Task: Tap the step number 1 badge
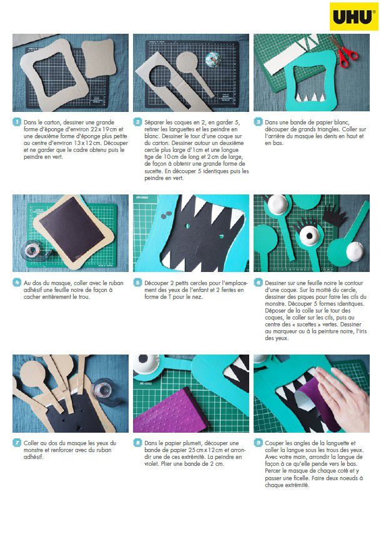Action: [x=17, y=122]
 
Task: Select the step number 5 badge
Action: [x=137, y=283]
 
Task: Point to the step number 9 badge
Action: [x=258, y=443]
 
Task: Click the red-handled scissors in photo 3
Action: [x=344, y=51]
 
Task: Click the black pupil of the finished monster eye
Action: [x=309, y=236]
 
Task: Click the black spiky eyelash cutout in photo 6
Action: [x=334, y=216]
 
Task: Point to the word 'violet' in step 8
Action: [x=151, y=464]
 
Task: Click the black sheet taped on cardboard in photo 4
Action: [x=72, y=229]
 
